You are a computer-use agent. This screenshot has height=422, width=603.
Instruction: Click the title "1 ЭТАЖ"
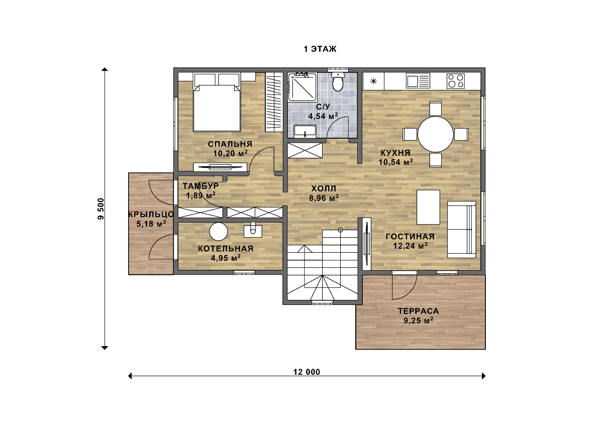click(x=320, y=49)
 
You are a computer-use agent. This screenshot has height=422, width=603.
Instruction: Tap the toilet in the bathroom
click(x=338, y=81)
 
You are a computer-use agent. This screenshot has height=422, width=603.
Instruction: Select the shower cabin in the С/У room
click(x=302, y=87)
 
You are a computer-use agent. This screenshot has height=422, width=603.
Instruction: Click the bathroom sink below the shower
click(x=305, y=131)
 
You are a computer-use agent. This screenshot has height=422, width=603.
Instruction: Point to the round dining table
click(x=435, y=134)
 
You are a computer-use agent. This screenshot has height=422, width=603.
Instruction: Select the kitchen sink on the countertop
click(x=418, y=81)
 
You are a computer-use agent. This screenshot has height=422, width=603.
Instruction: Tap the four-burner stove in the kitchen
click(x=455, y=81)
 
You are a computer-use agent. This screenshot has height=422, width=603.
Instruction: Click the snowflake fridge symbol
click(x=373, y=81)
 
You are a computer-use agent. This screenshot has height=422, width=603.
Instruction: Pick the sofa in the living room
click(x=461, y=230)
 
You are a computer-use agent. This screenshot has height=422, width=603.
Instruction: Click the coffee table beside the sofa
click(x=428, y=207)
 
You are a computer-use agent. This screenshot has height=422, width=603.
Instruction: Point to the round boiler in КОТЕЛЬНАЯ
click(x=219, y=232)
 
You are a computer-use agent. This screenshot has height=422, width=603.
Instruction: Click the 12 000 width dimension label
click(x=307, y=372)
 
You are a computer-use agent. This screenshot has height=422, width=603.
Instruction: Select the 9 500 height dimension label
click(x=100, y=209)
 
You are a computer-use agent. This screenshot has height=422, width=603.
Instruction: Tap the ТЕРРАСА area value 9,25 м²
click(x=418, y=321)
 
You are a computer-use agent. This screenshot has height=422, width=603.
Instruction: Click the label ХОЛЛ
click(x=324, y=188)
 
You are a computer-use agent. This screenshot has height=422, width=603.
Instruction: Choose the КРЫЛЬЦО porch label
click(x=151, y=215)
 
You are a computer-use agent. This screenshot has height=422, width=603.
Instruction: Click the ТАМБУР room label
click(x=200, y=186)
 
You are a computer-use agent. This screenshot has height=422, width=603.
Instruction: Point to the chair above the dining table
click(x=435, y=108)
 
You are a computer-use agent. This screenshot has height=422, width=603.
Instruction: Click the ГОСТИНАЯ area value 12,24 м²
click(x=411, y=246)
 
